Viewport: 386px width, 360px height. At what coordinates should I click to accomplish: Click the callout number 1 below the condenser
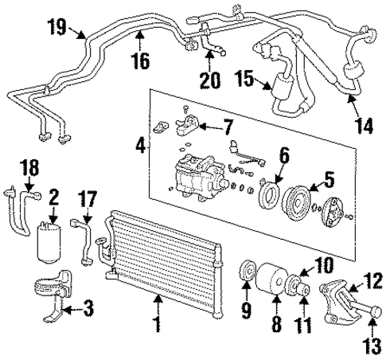tap(157, 324)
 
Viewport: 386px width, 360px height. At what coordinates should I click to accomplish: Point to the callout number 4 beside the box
tap(140, 147)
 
